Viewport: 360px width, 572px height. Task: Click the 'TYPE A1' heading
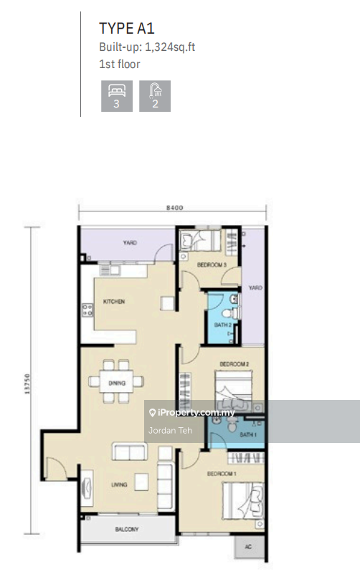tap(127, 29)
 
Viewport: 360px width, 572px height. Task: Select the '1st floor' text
tap(119, 64)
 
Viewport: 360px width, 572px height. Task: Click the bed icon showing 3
tap(116, 95)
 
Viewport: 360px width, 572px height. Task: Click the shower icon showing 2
tap(155, 95)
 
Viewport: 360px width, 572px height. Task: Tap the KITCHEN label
tap(114, 302)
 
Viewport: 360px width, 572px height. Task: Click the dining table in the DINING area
tap(117, 383)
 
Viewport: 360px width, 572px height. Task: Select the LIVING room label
tap(120, 485)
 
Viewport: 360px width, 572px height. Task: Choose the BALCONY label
tap(126, 530)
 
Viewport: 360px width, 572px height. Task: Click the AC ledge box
tap(249, 546)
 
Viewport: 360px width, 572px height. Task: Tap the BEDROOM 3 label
tap(212, 265)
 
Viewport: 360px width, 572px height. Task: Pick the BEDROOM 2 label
tap(234, 363)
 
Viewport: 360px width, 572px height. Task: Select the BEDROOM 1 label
tap(222, 474)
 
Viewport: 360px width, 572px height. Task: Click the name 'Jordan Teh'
tap(166, 430)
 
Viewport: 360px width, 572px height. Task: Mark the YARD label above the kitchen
tap(129, 242)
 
